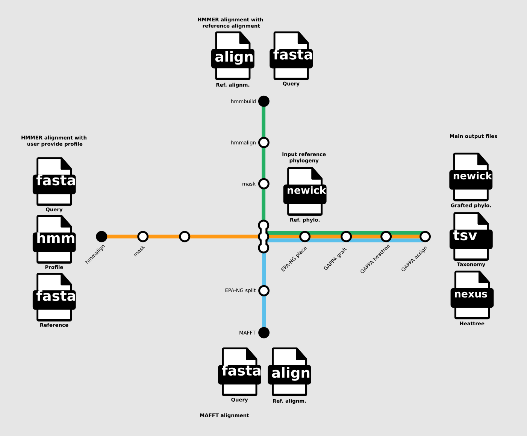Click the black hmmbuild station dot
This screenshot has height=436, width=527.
coord(264,101)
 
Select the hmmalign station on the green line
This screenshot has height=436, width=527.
coord(264,143)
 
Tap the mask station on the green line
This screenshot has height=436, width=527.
coord(264,184)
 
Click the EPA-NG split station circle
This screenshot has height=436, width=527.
coord(264,291)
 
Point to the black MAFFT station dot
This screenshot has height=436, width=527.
coord(264,333)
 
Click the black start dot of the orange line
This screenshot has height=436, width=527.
coord(101,236)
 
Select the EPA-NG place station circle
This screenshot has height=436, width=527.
coord(305,236)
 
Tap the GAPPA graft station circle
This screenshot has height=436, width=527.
coord(346,236)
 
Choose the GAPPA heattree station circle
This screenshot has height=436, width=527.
coord(386,236)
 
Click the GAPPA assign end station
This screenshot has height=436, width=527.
coord(425,236)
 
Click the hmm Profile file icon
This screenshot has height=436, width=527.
coord(55,239)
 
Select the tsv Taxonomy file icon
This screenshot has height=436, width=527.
coord(471,236)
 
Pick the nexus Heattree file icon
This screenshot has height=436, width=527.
coord(472,295)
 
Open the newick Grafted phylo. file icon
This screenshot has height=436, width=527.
coord(471,177)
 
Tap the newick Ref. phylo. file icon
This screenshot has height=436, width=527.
coord(305,191)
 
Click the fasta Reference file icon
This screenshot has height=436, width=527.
coord(55,297)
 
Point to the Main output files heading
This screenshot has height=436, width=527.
coord(473,136)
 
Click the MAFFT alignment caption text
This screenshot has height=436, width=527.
coord(224,415)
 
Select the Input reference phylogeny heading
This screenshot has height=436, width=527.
coord(304,157)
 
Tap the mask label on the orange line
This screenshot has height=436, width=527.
coord(139,251)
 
